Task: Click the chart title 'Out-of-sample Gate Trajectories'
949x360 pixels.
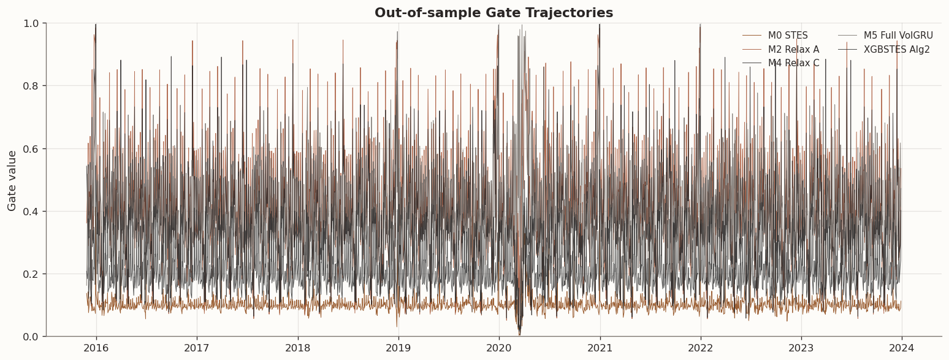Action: [494, 13]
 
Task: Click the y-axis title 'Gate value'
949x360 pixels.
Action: [12, 180]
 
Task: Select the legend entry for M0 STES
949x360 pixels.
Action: [788, 36]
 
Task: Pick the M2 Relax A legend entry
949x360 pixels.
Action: [793, 50]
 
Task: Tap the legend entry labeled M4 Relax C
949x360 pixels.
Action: [793, 63]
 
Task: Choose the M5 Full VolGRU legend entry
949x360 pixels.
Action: [898, 36]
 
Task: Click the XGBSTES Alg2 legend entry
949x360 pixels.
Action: [896, 50]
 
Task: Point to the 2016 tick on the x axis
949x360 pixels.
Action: [96, 348]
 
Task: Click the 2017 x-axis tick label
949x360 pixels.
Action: [197, 348]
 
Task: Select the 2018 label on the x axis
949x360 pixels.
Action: [297, 348]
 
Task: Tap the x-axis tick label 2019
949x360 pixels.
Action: [398, 348]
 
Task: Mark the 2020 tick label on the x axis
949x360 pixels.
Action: [499, 348]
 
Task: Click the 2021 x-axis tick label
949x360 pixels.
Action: [600, 348]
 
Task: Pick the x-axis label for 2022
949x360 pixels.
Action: [700, 348]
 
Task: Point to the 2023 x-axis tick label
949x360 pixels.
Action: [801, 348]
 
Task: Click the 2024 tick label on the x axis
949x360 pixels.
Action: [902, 348]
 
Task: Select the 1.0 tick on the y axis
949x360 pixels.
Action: [31, 23]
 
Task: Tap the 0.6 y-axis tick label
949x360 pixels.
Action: [31, 148]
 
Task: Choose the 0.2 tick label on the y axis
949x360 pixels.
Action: [31, 274]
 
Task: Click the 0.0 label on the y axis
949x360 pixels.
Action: [31, 337]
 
